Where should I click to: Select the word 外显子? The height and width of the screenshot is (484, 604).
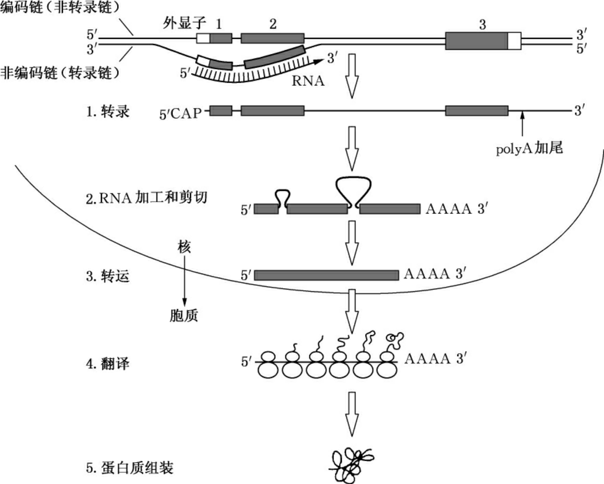pos(184,23)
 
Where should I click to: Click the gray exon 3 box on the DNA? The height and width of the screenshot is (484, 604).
pos(476,41)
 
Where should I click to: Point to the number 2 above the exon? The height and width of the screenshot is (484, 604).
pos(273,24)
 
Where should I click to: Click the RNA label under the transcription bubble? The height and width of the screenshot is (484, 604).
pos(308,81)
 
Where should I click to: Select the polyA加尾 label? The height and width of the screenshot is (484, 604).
pos(530,148)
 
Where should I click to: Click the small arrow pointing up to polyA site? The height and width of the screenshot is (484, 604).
pos(522,124)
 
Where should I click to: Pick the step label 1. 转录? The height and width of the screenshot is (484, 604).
pos(108,111)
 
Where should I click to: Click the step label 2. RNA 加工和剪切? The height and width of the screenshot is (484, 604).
pos(146,198)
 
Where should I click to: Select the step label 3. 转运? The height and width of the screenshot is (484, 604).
pos(108,276)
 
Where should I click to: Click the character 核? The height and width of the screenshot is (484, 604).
pos(184,247)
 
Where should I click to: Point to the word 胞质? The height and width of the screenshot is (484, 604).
pos(184,316)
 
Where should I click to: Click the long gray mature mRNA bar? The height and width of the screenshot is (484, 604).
pos(326,275)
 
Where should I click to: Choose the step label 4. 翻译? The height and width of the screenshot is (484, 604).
pos(108,364)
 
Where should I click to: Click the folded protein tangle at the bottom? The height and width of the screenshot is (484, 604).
pos(351,464)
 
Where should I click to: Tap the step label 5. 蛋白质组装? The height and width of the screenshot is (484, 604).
pos(130,468)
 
